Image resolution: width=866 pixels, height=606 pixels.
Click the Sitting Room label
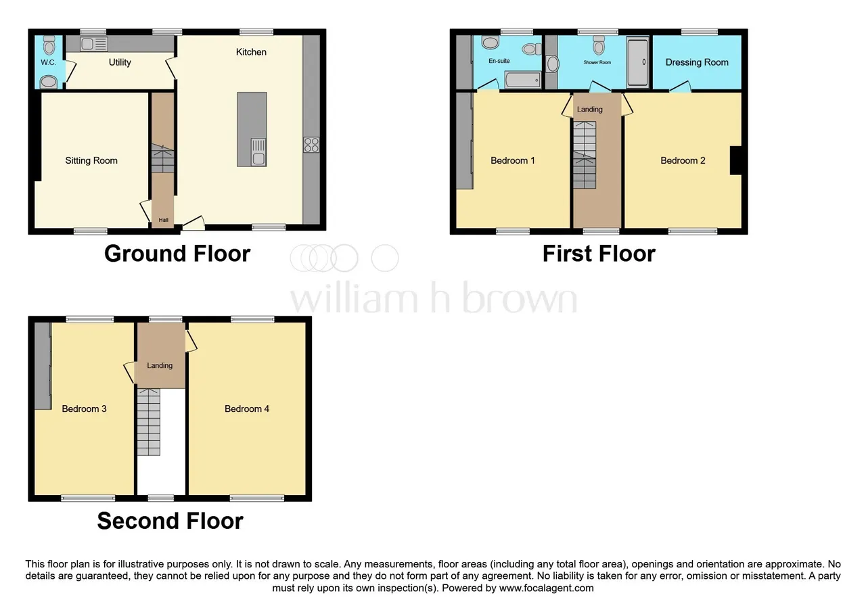pos(91,160)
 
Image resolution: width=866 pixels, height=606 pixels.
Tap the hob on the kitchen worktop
pos(311,145)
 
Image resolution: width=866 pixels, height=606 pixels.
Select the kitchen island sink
pos(258,152)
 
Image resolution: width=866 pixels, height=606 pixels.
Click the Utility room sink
pos(94,44)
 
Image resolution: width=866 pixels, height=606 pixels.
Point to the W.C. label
pos(48,62)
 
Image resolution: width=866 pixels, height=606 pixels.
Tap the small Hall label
pos(164,220)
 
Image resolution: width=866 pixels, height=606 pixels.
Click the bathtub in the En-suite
pos(523,80)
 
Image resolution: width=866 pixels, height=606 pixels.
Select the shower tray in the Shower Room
pos(637,62)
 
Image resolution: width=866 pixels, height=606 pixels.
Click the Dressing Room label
pos(697,62)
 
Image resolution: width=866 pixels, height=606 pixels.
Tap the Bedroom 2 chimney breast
pos(735,160)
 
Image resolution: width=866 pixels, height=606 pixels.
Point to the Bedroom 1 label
pos(513,160)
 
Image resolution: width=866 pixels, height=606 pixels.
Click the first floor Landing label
pos(589,110)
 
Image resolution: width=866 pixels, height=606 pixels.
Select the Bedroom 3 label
pos(84,409)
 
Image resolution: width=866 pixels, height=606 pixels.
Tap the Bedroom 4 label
pos(247,409)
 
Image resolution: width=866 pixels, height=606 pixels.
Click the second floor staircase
pos(148,422)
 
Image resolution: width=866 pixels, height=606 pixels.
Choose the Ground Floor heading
pos(177,254)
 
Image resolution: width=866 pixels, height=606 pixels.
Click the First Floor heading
pos(599,254)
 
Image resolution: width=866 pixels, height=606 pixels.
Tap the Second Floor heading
pos(170,521)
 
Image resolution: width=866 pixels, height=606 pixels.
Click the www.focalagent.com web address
pos(546,588)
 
